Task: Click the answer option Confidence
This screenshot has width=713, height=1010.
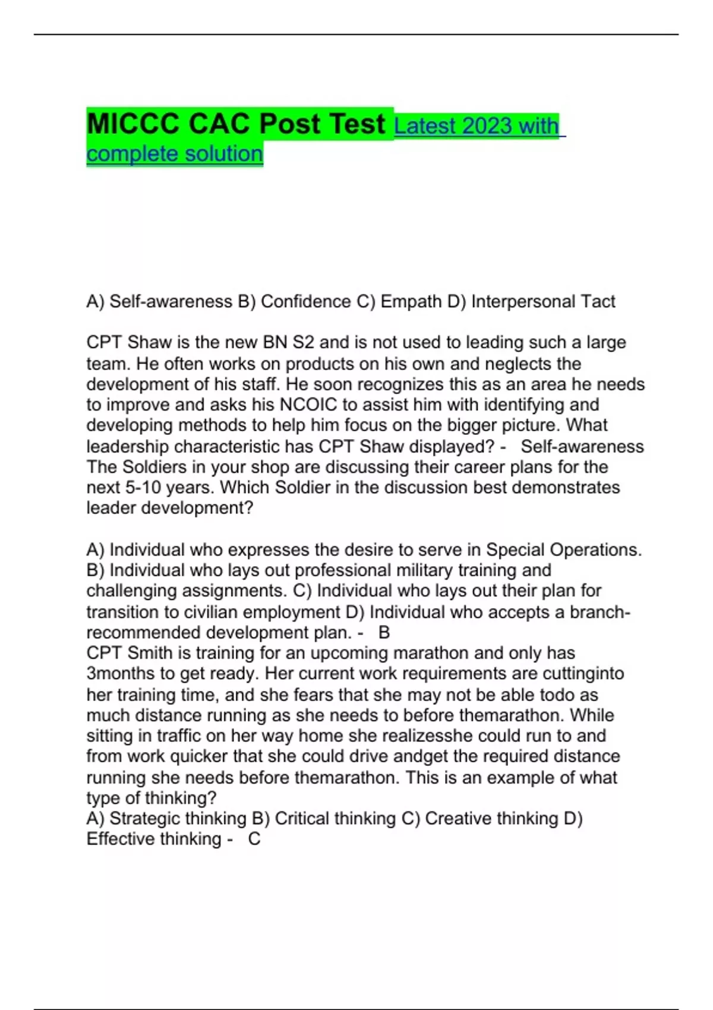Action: [306, 302]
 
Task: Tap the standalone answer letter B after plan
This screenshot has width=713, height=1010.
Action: [384, 633]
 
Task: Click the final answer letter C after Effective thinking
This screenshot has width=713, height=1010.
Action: [254, 839]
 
